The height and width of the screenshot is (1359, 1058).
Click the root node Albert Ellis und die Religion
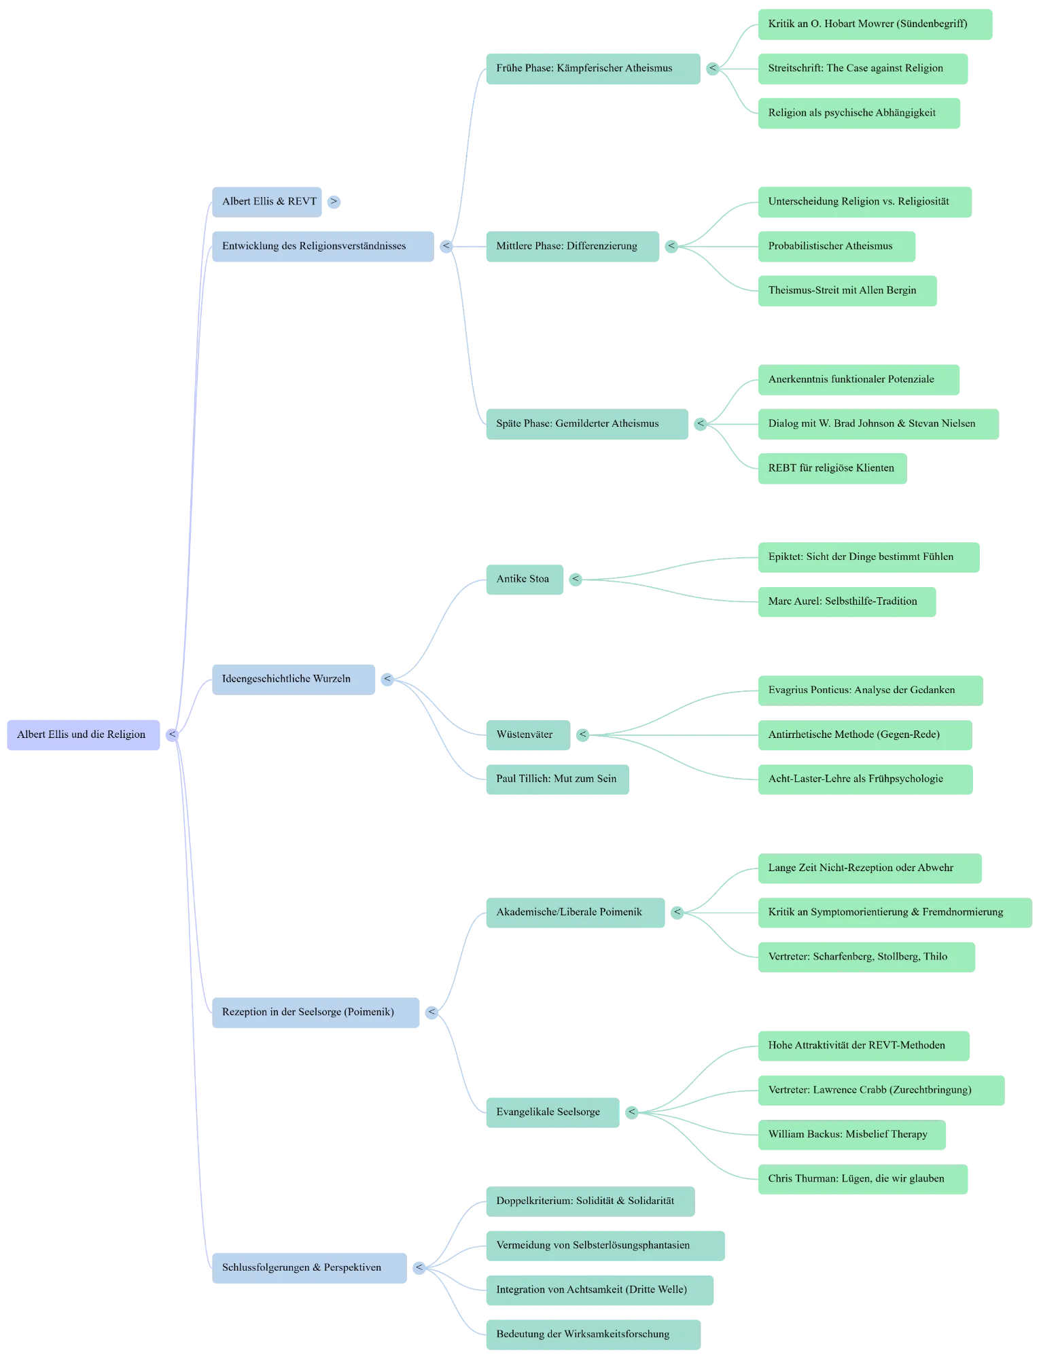[82, 735]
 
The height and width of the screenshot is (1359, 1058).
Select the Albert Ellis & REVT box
[269, 201]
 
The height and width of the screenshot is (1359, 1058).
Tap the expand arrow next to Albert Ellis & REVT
[334, 201]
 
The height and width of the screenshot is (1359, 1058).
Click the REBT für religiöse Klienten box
[830, 467]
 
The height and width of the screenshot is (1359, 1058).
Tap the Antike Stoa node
[523, 579]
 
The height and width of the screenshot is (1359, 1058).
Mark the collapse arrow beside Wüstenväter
[582, 734]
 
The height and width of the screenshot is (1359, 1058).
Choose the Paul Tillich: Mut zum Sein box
[556, 779]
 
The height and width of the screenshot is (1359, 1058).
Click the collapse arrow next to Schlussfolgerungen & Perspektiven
[419, 1267]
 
